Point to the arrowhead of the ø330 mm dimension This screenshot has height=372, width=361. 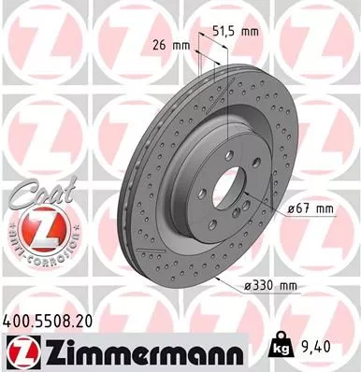(x=216, y=277)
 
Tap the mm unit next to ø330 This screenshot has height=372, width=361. (x=284, y=284)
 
